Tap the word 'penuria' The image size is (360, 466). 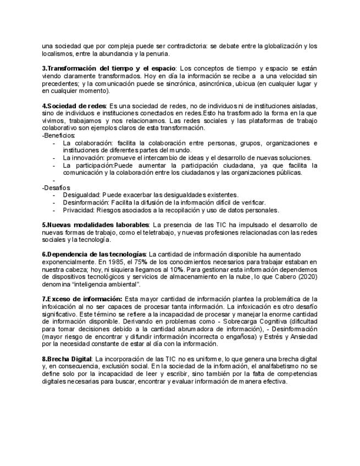pyautogui.click(x=157, y=53)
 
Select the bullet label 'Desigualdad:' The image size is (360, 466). pyautogui.click(x=81, y=195)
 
